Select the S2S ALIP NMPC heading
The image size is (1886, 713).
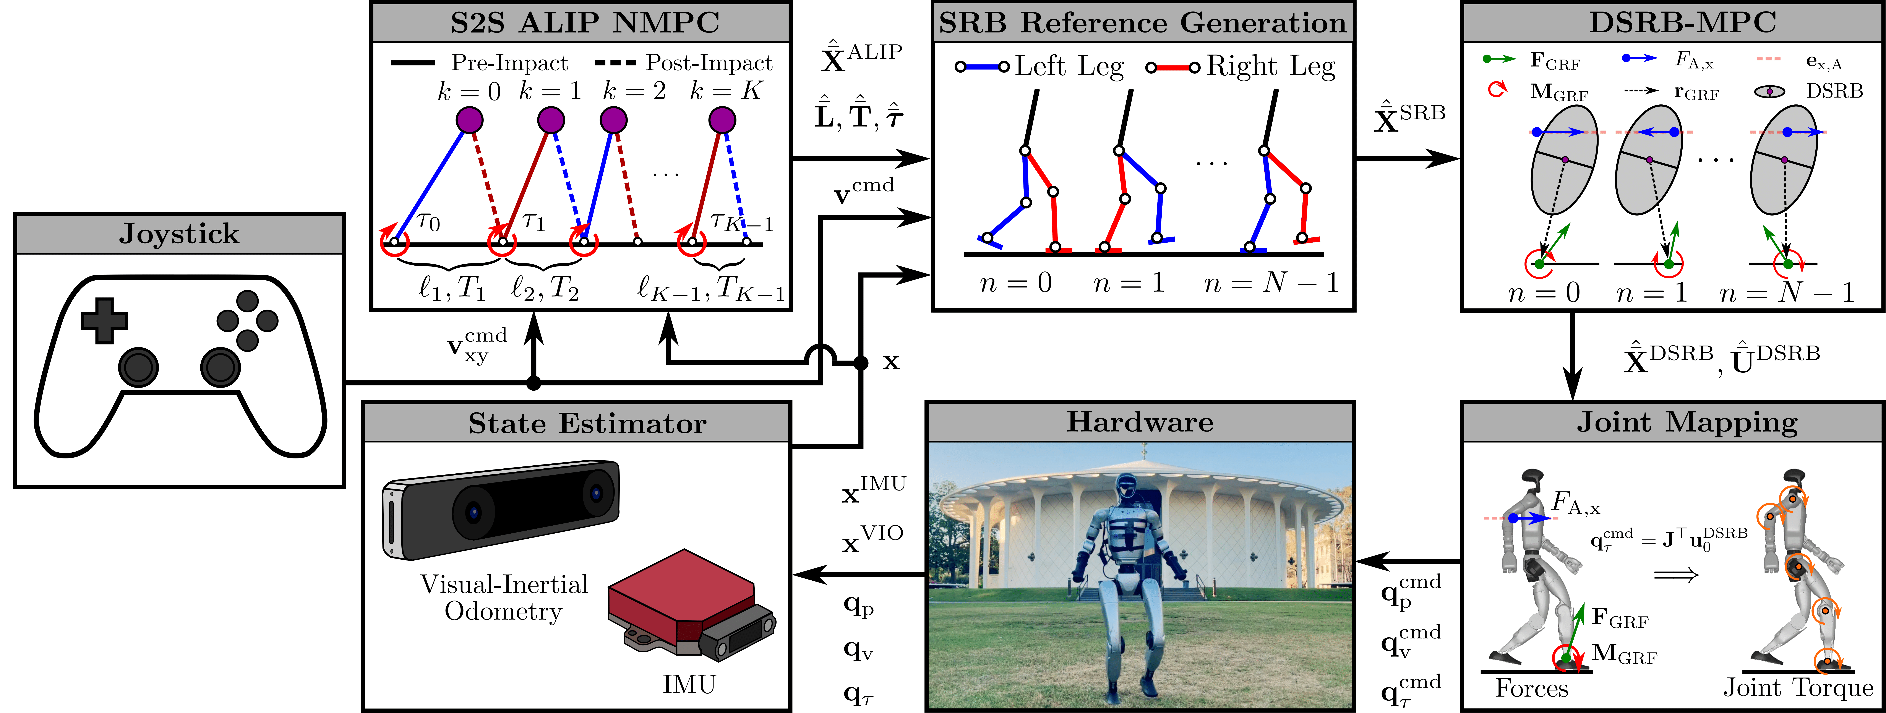pyautogui.click(x=584, y=23)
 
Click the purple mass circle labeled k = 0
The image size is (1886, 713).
pyautogui.click(x=469, y=120)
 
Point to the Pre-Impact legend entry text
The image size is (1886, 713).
pyautogui.click(x=509, y=63)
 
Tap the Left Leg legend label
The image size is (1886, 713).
pyautogui.click(x=1069, y=67)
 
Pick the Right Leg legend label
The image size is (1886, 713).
pyautogui.click(x=1270, y=67)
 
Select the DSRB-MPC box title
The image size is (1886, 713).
pyautogui.click(x=1682, y=23)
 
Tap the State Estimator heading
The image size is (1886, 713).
pyautogui.click(x=587, y=423)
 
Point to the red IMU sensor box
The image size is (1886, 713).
pyautogui.click(x=681, y=604)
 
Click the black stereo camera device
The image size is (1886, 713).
pyautogui.click(x=501, y=507)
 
